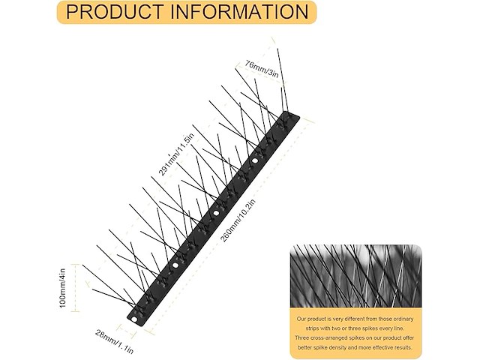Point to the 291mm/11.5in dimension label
click(x=177, y=154)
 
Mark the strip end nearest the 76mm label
click(x=295, y=116)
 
